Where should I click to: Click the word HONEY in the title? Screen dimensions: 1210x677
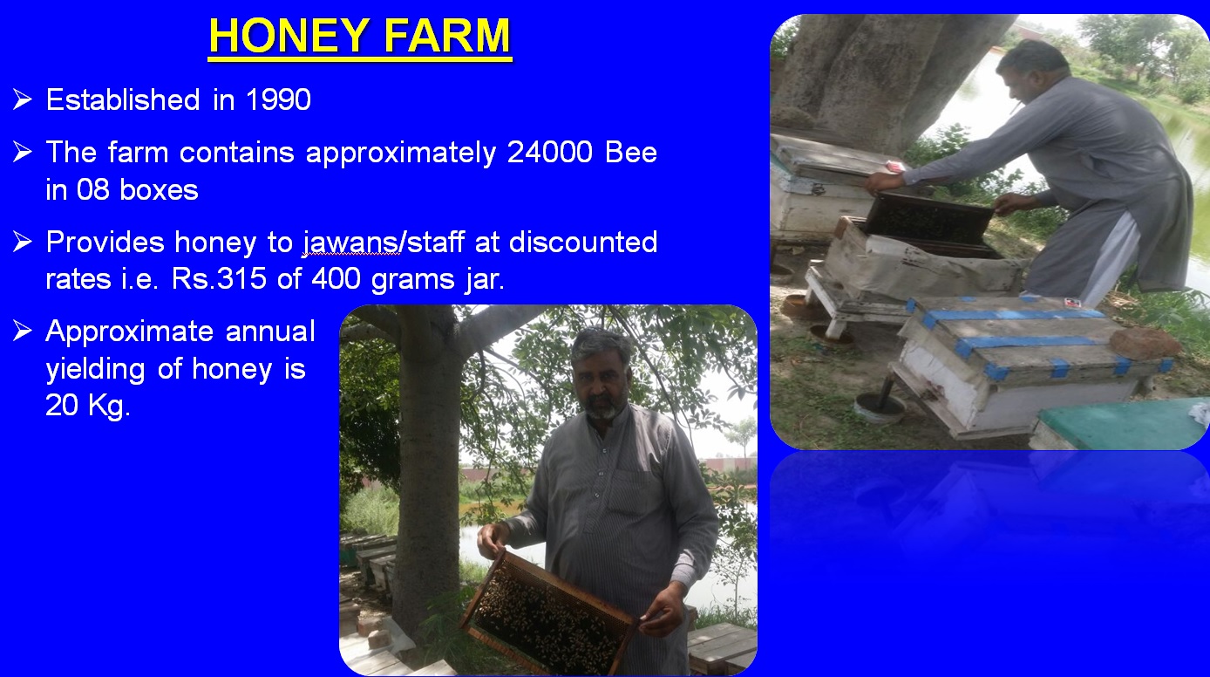289,36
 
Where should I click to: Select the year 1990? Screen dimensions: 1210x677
278,99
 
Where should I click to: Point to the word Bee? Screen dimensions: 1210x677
631,152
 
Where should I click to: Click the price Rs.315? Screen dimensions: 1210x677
219,279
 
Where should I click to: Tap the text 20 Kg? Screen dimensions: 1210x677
88,405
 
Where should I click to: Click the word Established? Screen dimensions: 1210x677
123,99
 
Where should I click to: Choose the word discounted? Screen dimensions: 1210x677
583,242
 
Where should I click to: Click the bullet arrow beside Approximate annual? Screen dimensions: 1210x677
23,331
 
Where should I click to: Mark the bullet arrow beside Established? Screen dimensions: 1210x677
23,99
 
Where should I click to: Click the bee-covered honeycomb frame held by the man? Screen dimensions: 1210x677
548,613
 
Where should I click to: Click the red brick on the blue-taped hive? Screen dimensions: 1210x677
1145,344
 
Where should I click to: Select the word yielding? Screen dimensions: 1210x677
96,370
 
